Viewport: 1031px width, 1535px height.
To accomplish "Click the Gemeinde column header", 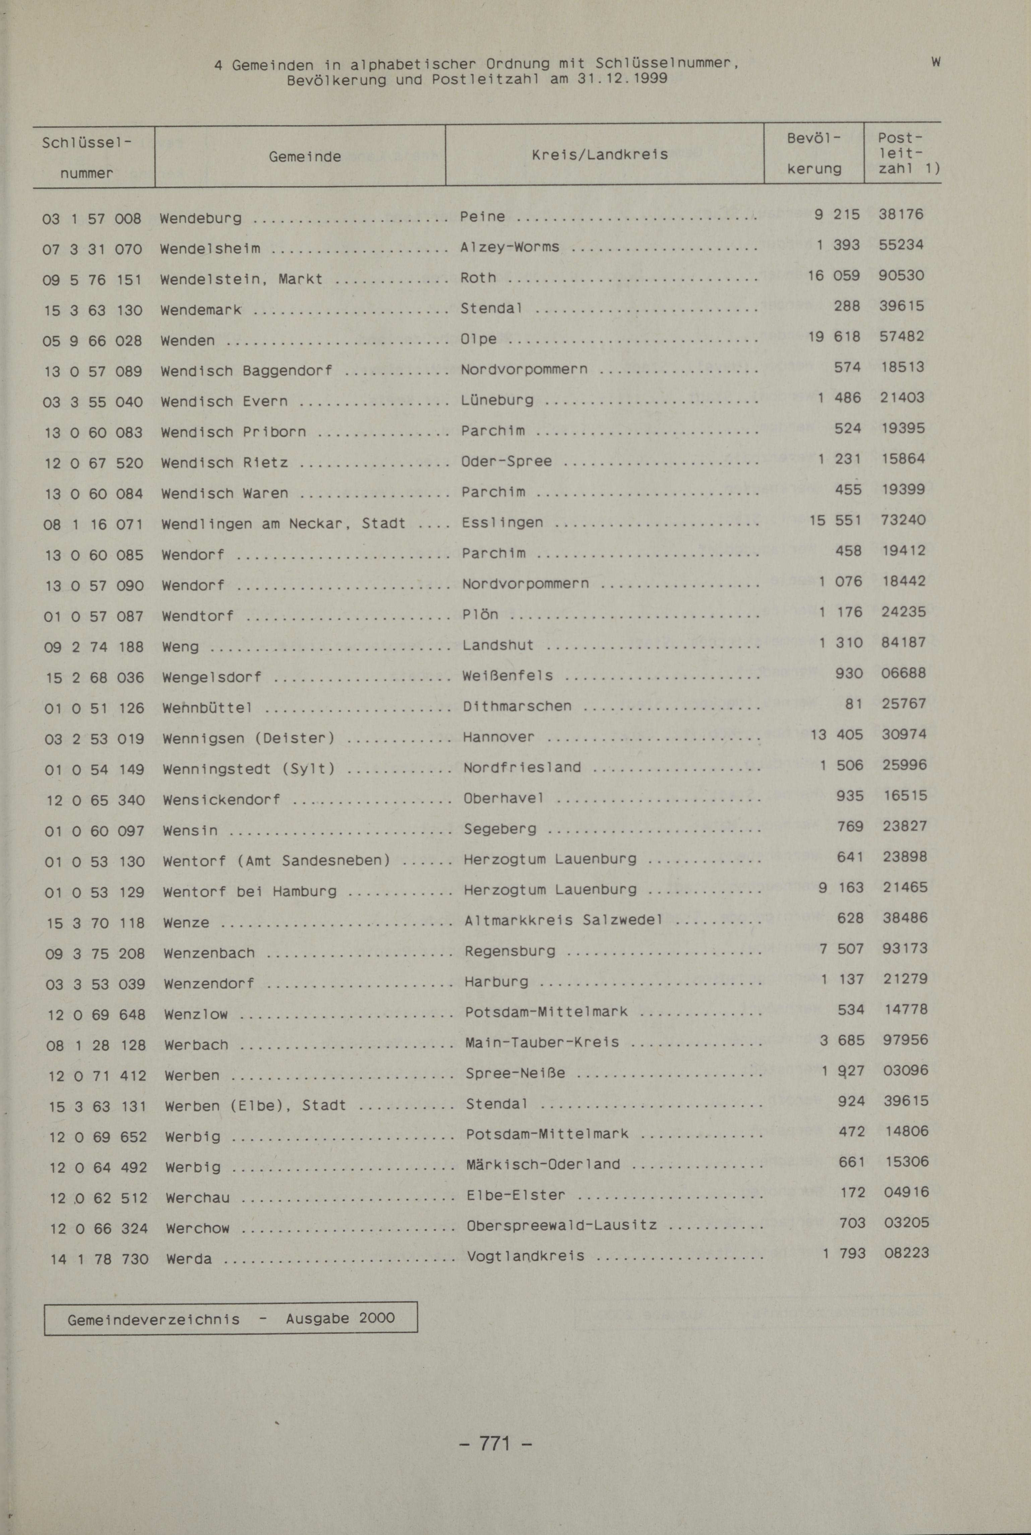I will (x=304, y=157).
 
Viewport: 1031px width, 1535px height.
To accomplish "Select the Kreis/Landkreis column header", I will (x=600, y=155).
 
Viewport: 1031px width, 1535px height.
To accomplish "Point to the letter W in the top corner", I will (x=936, y=62).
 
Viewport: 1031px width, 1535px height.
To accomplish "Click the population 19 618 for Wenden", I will (x=834, y=336).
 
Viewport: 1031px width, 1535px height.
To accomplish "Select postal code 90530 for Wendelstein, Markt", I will (x=901, y=275).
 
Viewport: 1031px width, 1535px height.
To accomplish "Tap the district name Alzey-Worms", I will (x=509, y=247).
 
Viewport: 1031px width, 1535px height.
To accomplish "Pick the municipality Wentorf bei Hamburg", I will (x=250, y=892).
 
